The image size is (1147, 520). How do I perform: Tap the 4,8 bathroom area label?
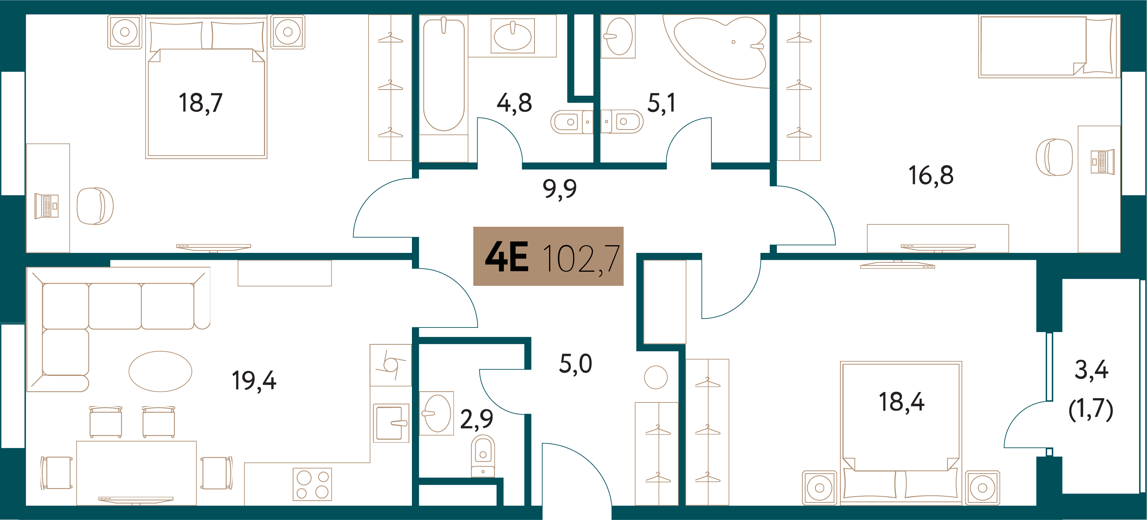coord(514,103)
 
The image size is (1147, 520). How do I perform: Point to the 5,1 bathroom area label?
coord(661,103)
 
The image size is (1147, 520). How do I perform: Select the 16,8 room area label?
coord(931,175)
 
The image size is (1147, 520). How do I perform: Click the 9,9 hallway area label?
coord(560,189)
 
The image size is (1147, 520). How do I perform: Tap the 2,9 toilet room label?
coord(476,419)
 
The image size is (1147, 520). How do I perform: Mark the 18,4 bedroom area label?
coord(902,402)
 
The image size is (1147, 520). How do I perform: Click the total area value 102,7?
coord(581,259)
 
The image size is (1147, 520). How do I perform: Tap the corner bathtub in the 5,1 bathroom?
coord(720,49)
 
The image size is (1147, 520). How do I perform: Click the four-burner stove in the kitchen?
coord(312,484)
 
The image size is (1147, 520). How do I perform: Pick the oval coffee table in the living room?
coord(160,371)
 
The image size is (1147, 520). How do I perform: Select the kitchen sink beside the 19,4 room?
coord(391,423)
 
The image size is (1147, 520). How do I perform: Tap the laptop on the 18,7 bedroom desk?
coord(47,206)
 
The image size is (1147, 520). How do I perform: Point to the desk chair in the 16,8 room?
coord(1054,157)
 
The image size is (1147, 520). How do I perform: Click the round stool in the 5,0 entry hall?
coord(656,377)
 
